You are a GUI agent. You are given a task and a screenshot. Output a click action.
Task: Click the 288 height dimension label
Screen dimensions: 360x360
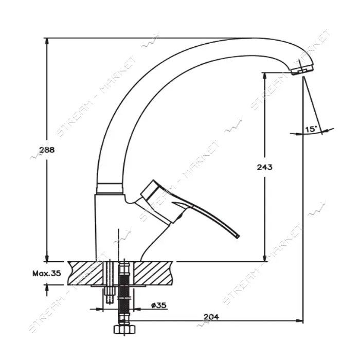47,150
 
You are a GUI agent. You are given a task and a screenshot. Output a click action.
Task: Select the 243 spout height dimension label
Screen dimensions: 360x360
265,167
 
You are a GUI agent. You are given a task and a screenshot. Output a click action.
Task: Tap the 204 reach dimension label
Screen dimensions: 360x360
211,317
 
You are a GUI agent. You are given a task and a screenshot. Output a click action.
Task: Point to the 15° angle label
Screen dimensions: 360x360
310,129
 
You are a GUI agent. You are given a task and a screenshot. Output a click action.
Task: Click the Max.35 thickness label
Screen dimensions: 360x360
47,273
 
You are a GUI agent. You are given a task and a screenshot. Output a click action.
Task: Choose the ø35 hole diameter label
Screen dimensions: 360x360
158,305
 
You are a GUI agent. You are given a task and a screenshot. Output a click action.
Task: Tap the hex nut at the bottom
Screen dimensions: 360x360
124,329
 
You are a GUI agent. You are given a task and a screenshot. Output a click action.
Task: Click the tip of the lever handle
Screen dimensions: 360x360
238,236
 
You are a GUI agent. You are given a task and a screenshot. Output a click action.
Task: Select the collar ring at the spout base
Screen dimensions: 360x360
110,189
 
